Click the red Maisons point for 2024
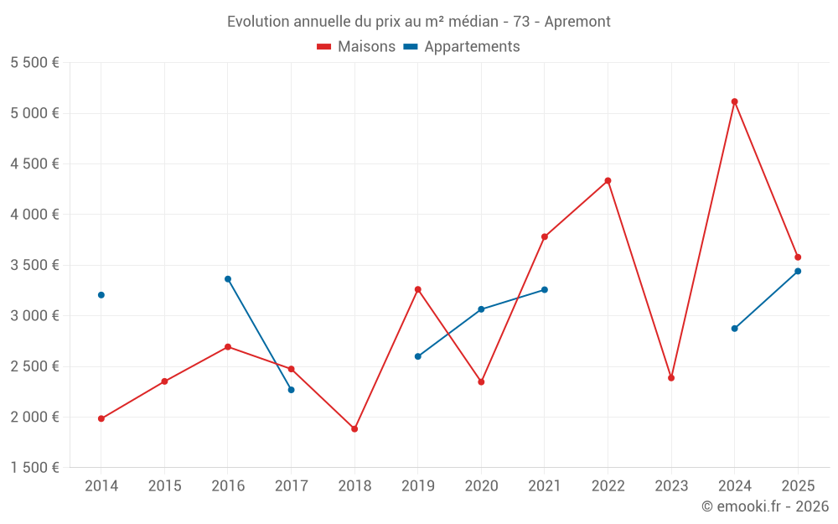coord(734,101)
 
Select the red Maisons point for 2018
coord(354,428)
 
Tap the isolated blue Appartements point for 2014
coord(101,295)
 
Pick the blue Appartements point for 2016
coord(228,279)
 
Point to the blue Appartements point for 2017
coord(292,390)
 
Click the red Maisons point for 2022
coord(608,181)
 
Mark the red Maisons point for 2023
coord(671,378)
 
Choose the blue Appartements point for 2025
coord(798,271)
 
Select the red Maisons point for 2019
coord(418,290)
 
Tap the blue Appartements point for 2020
coord(481,309)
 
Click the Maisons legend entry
coord(356,46)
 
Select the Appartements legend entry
coord(462,46)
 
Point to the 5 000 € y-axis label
coord(34,113)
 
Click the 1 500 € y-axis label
coord(34,467)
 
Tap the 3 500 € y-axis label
coord(34,265)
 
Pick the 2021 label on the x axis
coord(545,485)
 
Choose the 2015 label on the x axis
coord(164,485)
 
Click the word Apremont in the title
coord(577,22)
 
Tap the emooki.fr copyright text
coord(765,506)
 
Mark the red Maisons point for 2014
coord(101,418)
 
